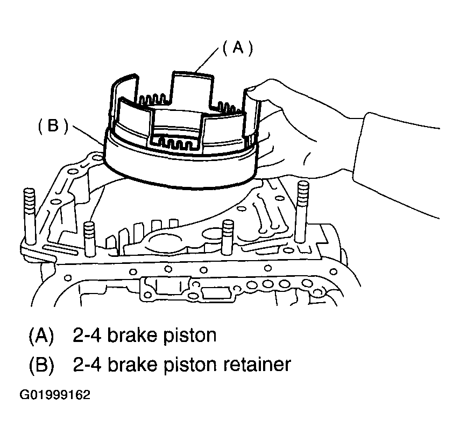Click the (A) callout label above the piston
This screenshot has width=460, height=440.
point(238,47)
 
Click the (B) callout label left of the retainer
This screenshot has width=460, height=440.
point(53,125)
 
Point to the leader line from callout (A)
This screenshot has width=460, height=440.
point(207,59)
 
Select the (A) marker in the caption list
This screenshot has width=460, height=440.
point(41,336)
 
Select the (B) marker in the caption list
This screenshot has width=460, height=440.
point(41,365)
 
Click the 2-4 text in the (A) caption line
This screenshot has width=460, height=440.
point(87,336)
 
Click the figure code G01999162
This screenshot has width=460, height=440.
point(55,395)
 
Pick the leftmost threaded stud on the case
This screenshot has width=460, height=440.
point(30,216)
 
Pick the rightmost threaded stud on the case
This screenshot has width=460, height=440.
point(302,212)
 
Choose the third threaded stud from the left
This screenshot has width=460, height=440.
point(228,237)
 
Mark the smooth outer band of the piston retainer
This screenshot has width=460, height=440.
point(180,170)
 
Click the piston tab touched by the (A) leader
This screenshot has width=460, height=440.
point(192,88)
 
